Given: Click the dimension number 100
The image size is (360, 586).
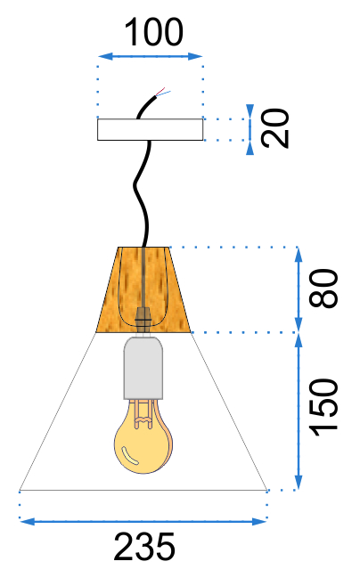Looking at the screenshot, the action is click(x=153, y=33).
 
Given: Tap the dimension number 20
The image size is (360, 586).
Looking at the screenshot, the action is click(x=275, y=128).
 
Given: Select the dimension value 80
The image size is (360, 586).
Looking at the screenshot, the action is click(x=323, y=289).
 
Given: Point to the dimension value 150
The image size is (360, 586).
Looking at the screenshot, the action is click(x=323, y=407).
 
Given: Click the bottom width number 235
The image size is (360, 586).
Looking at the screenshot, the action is click(x=144, y=547).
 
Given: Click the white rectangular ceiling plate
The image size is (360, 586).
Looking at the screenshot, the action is click(x=151, y=130).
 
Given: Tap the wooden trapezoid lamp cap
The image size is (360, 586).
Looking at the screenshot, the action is click(x=143, y=289).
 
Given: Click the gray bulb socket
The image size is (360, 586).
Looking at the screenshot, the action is click(x=143, y=368).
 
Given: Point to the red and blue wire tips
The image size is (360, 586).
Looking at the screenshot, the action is click(x=163, y=92).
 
